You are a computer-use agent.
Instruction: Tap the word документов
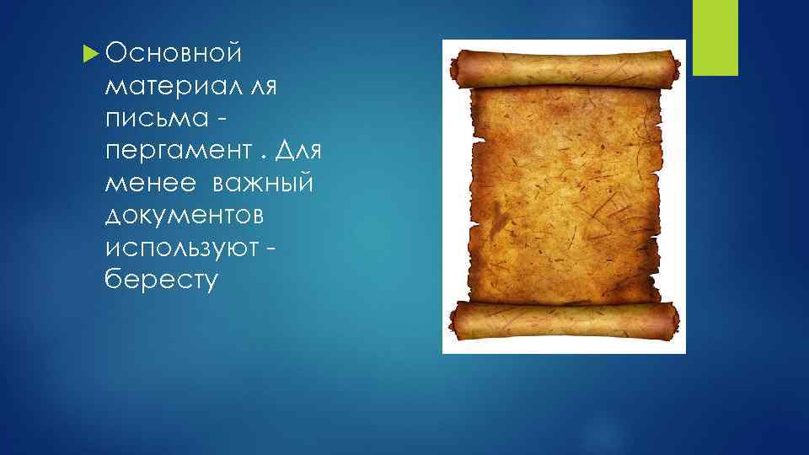(185, 215)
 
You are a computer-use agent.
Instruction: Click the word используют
(186, 247)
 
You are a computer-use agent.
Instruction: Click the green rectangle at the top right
(715, 37)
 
